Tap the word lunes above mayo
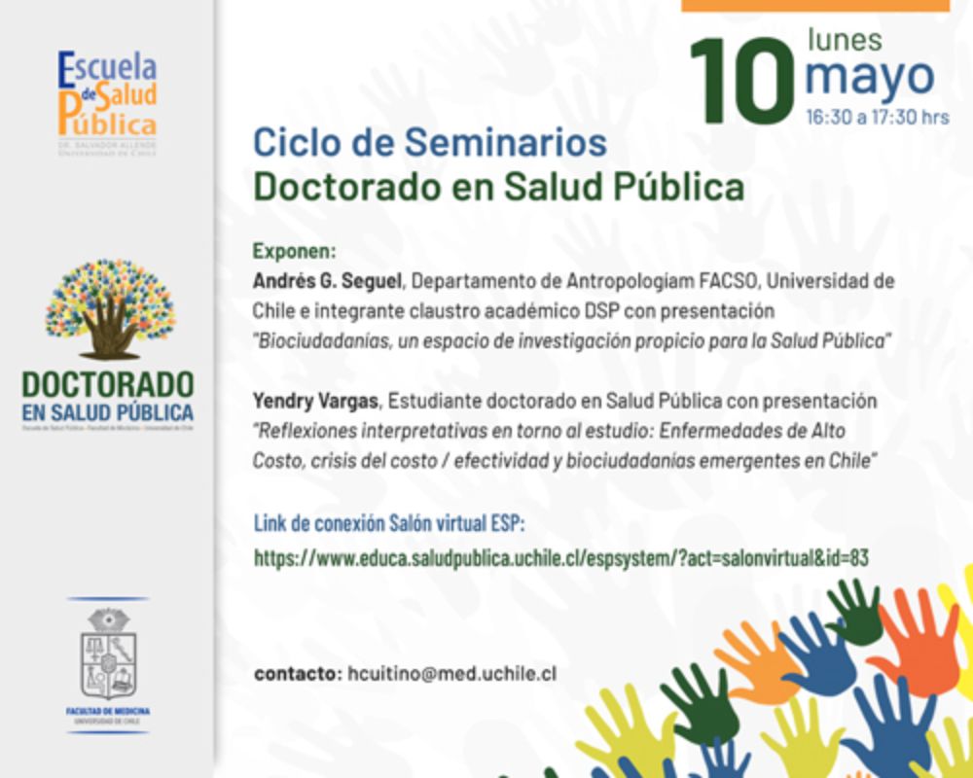point(845,40)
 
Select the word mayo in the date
point(870,78)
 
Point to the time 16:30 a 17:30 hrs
point(877,118)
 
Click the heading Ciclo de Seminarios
point(430,143)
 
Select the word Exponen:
point(294,250)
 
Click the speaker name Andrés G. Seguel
point(327,281)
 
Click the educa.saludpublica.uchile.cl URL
point(560,557)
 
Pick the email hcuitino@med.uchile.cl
point(451,673)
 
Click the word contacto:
point(297,673)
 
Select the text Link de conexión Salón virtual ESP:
point(388,523)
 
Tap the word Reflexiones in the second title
point(302,430)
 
